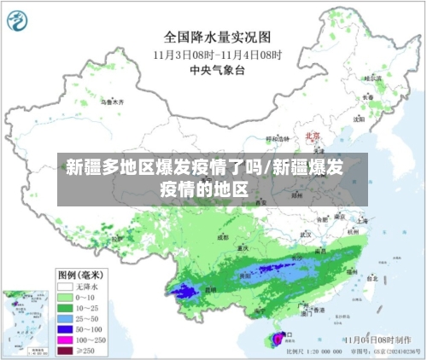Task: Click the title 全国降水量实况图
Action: coord(217,38)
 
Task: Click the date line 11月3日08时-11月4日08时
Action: coord(217,54)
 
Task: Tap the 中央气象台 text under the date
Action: coord(217,69)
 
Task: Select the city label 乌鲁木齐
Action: coord(113,102)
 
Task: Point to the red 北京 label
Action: coord(312,136)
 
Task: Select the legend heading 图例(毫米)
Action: coord(79,275)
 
